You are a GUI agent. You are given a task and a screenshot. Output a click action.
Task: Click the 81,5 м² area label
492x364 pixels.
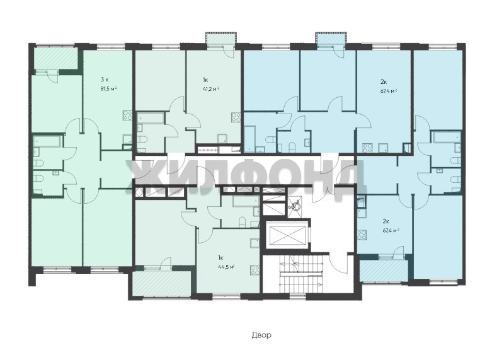pyautogui.click(x=108, y=89)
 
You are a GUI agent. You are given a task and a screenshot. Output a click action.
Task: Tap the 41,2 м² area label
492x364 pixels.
pyautogui.click(x=211, y=89)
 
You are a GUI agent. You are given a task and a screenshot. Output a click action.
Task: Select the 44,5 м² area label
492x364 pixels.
pyautogui.click(x=227, y=267)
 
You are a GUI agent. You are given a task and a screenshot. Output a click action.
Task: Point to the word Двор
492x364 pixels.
pyautogui.click(x=261, y=335)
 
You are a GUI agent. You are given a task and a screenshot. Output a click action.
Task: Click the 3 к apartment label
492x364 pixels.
pyautogui.click(x=105, y=79)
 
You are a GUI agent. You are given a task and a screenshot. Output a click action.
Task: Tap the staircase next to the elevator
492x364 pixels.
pyautogui.click(x=302, y=273)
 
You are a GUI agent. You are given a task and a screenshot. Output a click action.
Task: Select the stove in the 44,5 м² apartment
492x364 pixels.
pyautogui.click(x=255, y=270)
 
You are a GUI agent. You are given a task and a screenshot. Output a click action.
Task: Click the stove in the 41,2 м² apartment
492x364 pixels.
pyautogui.click(x=236, y=117)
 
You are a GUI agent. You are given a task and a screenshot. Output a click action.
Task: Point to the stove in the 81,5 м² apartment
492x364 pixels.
pyautogui.click(x=127, y=115)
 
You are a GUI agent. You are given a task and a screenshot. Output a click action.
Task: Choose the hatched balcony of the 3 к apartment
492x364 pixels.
pyautogui.click(x=55, y=58)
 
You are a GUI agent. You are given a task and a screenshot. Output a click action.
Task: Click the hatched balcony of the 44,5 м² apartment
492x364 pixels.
pyautogui.click(x=162, y=283)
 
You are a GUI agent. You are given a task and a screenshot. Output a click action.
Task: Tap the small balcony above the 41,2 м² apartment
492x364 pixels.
pyautogui.click(x=220, y=38)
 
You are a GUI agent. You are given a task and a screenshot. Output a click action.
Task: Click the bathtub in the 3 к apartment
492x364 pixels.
pyautogui.click(x=48, y=141)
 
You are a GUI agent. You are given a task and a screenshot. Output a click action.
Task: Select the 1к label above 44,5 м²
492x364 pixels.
pyautogui.click(x=220, y=258)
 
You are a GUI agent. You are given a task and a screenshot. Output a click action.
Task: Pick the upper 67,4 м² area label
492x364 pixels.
pyautogui.click(x=389, y=91)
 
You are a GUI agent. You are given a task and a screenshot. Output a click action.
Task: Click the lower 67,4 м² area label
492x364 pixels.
pyautogui.click(x=391, y=230)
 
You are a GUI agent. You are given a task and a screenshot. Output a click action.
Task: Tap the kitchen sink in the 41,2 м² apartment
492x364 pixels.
pyautogui.click(x=222, y=139)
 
